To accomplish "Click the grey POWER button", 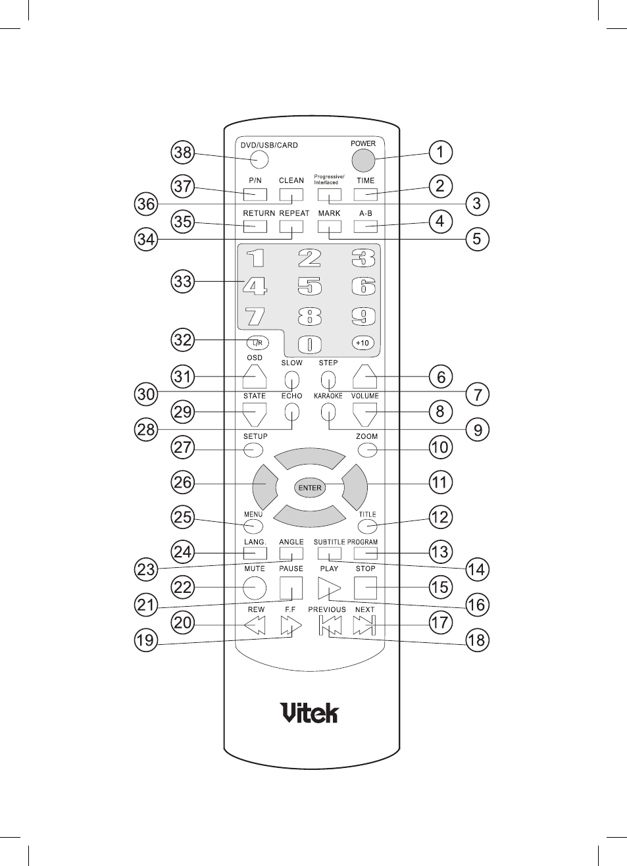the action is [x=363, y=160].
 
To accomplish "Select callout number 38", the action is [x=183, y=152].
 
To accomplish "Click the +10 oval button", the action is [x=363, y=343].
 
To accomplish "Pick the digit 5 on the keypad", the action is [x=310, y=286].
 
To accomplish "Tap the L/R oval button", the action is [x=258, y=342].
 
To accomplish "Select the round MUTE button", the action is [x=255, y=588].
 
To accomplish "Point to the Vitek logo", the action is [x=311, y=712].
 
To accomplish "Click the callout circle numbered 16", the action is [x=477, y=604].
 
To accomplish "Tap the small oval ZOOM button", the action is [x=367, y=450].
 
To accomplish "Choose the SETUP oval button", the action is [x=253, y=450].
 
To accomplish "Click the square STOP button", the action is [x=365, y=588].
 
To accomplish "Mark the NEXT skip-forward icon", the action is [x=364, y=625].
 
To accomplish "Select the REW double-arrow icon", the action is [x=255, y=625].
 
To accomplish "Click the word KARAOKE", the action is [x=328, y=396].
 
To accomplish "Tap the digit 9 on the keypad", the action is [x=363, y=317].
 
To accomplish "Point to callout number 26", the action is [x=183, y=482].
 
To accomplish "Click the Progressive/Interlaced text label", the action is [x=329, y=180].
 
